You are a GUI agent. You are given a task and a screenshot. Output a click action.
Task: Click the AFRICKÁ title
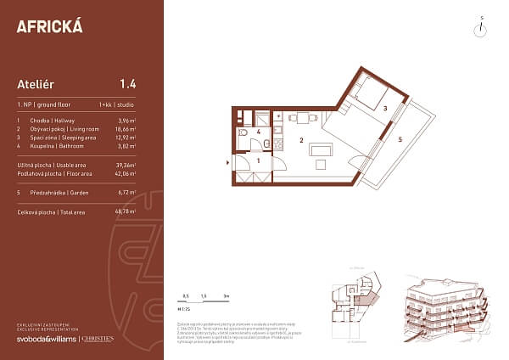50,26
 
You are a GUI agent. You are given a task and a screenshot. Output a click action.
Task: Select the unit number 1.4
128,83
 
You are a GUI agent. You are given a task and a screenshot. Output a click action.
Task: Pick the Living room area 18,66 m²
126,129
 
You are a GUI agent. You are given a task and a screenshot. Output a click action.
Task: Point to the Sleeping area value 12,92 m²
126,137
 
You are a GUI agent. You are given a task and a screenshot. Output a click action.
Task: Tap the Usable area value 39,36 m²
126,165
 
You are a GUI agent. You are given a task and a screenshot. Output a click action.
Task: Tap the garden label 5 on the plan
400,138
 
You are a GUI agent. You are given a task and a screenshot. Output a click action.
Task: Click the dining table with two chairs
302,118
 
